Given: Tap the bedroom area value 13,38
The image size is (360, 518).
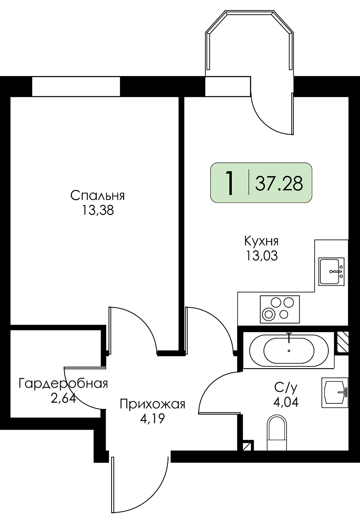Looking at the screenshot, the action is point(98,211).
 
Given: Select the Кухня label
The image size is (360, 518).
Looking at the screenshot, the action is point(261,242).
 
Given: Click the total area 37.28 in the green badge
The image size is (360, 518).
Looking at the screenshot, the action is point(279,183).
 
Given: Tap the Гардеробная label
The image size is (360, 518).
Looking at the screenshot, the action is point(63,384).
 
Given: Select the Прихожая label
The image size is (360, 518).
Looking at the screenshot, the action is point(153,405).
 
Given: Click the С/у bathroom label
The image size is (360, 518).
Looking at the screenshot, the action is point(285,388).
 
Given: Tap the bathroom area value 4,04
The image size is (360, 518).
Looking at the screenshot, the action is point(286,402).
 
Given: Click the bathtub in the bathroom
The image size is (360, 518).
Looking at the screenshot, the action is point(289,350).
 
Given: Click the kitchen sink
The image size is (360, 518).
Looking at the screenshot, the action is point(332,271).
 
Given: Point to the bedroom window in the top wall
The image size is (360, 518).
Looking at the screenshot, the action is point(76,86).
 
